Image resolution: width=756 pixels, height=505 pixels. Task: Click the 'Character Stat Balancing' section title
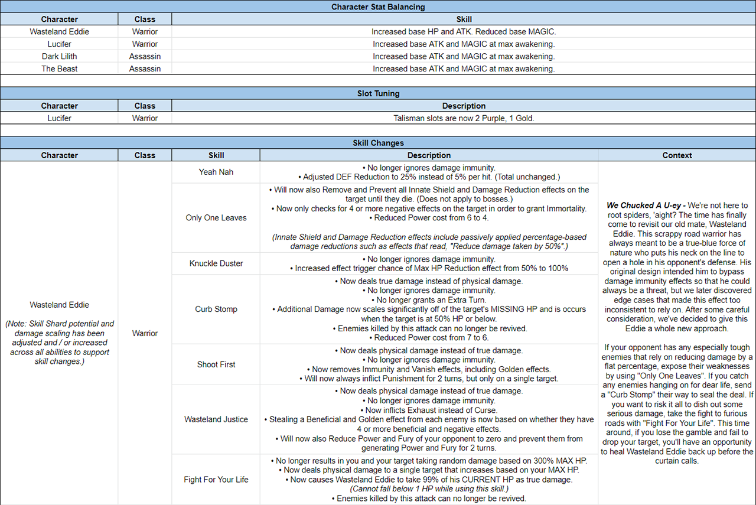coord(378,7)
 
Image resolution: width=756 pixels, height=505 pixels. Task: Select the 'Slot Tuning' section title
coord(378,93)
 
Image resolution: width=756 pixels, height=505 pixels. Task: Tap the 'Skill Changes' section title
coord(378,143)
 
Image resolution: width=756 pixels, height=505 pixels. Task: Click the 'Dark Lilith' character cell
coord(59,57)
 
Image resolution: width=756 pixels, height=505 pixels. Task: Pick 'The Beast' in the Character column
coord(59,69)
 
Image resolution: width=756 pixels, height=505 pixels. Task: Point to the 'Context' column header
coord(677,155)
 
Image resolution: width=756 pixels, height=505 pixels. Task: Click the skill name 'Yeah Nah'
coord(216,172)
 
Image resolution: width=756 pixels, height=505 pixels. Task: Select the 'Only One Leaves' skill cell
coord(216,218)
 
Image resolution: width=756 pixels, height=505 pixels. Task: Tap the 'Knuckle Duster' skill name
coord(216,263)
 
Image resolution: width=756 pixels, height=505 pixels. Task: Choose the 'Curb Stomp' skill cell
coord(216,309)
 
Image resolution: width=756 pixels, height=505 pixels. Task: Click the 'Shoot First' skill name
coord(216,364)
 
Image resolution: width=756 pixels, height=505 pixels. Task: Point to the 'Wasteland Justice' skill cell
coord(216,419)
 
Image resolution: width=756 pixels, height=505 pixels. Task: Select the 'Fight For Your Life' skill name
coord(216,480)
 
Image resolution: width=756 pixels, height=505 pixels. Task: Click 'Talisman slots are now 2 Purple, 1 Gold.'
coord(464,118)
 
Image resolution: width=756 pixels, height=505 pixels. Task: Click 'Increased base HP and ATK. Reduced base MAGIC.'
coord(464,32)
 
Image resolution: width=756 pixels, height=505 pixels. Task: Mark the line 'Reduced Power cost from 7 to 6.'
coord(429,338)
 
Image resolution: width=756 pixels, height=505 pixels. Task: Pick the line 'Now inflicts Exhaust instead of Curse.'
coord(429,410)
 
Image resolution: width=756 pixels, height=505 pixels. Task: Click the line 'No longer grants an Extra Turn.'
coord(429,300)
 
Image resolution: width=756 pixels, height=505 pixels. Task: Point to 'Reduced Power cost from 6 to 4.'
coord(429,218)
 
